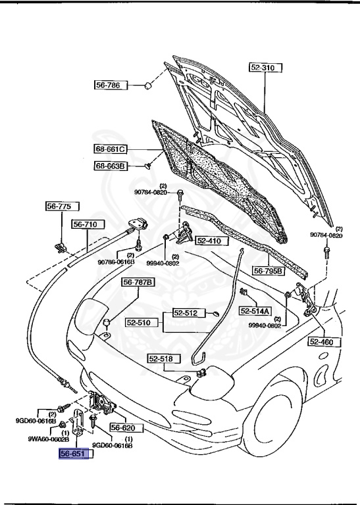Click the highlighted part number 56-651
[x=72, y=453]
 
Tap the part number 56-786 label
[x=109, y=85]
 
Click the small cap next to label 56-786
[x=149, y=85]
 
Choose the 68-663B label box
[x=109, y=166]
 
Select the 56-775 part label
[x=58, y=206]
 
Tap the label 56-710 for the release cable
[x=85, y=224]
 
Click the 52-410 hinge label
[x=209, y=241]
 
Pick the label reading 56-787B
[x=138, y=283]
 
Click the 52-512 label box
[x=186, y=313]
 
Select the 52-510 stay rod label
[x=140, y=324]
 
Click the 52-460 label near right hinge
[x=322, y=341]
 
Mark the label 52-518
[x=161, y=358]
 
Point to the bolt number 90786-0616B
[x=116, y=262]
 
